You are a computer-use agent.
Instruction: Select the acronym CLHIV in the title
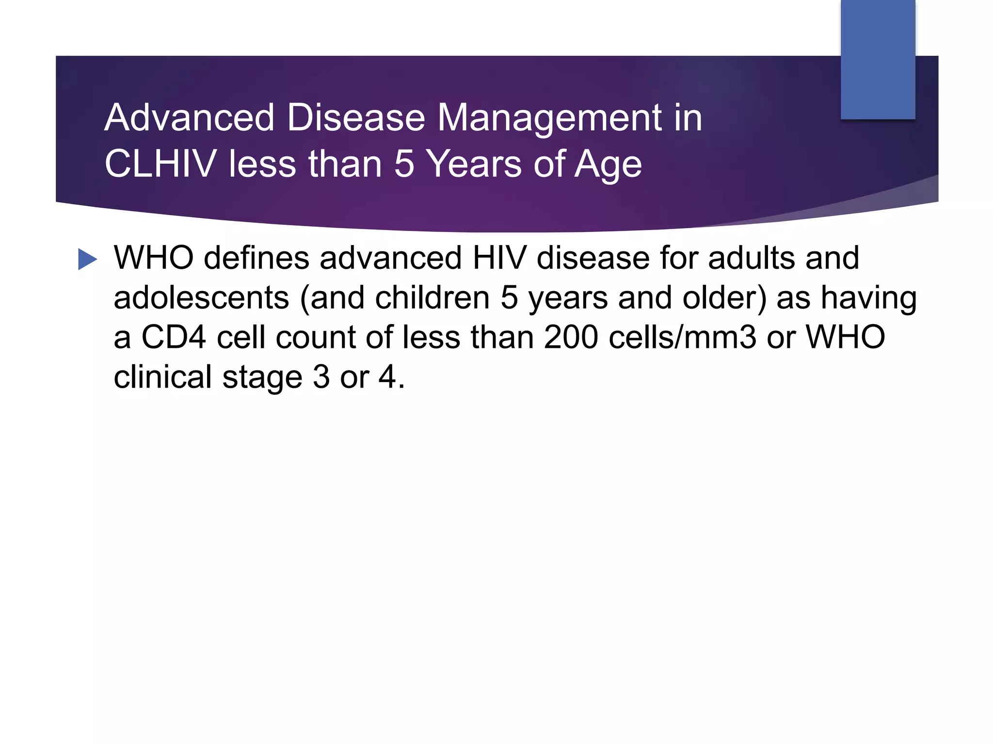tap(160, 164)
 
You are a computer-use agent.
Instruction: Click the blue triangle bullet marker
tap(87, 259)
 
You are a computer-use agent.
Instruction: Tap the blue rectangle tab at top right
tap(878, 59)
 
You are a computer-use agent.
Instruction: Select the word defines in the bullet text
tap(256, 258)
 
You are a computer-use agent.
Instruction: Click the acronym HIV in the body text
tap(499, 258)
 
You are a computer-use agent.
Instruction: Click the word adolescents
tap(201, 297)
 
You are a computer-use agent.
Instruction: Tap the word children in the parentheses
tap(432, 297)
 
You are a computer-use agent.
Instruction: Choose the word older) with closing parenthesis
tap(724, 297)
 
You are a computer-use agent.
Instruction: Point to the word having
tap(868, 298)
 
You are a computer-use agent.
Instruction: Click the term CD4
tap(174, 337)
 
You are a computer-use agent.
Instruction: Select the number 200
tap(571, 337)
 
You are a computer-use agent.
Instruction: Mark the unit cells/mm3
tap(682, 337)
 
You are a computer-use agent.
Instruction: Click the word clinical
tap(162, 377)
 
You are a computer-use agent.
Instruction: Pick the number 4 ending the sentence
tap(387, 377)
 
